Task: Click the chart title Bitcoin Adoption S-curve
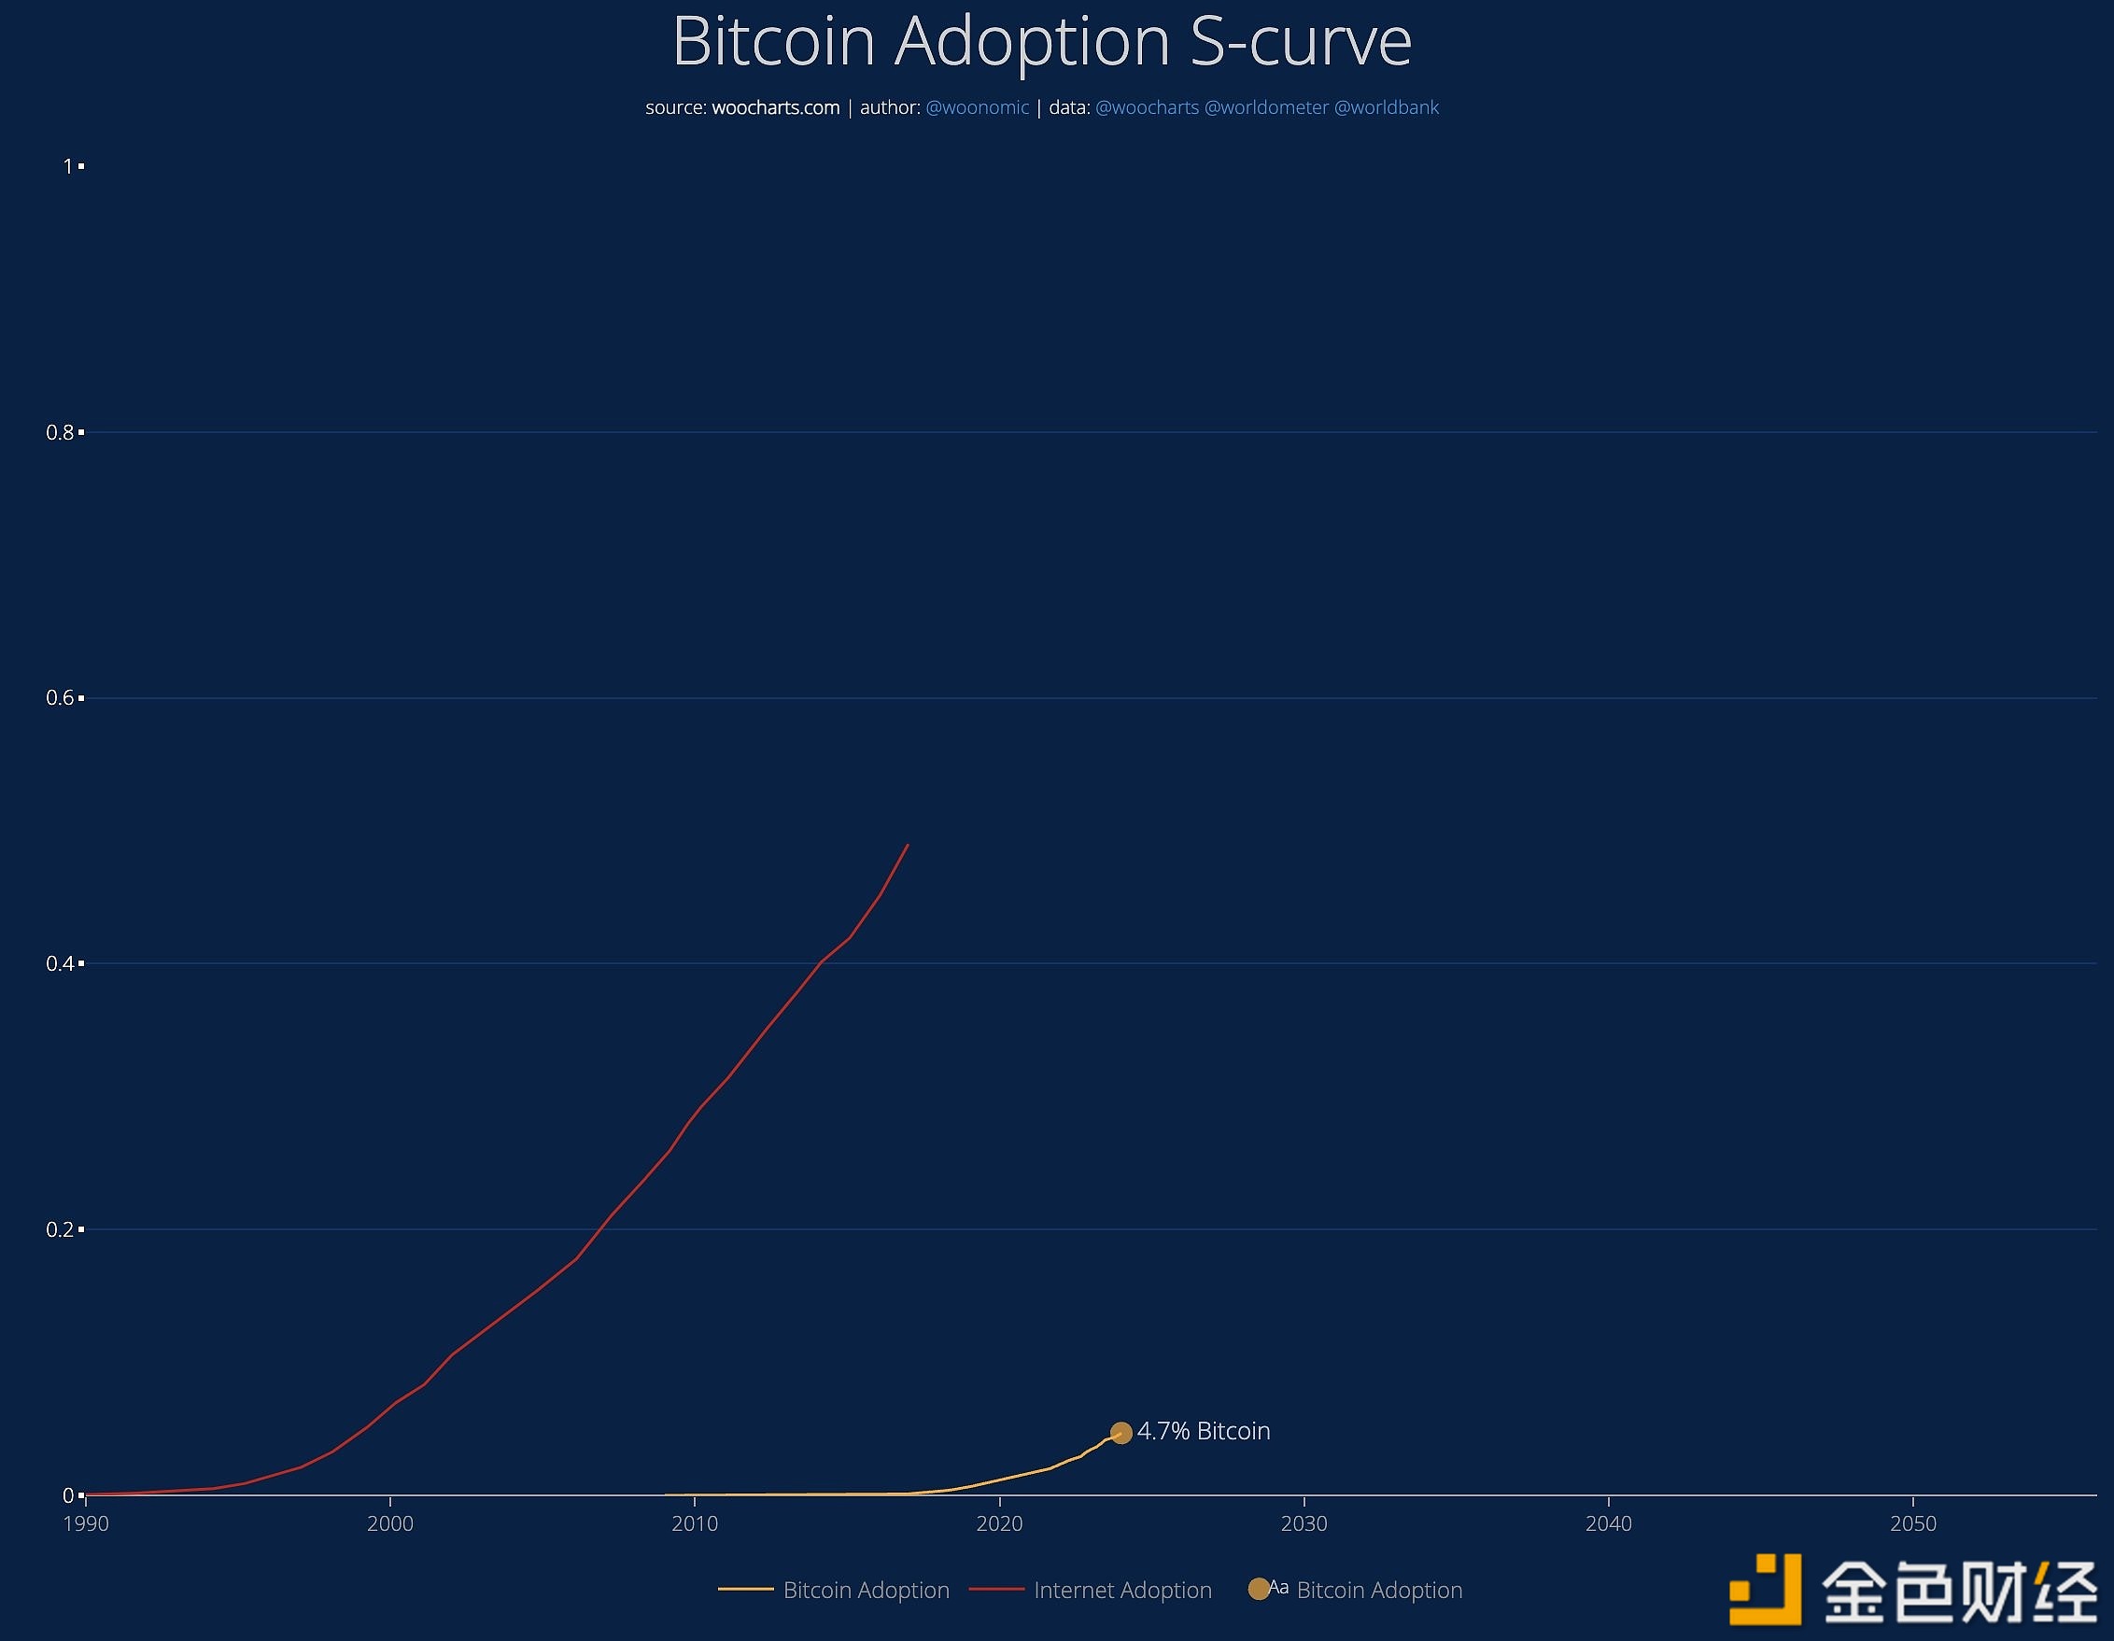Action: [1041, 42]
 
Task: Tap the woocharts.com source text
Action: [775, 107]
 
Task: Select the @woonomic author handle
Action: [977, 107]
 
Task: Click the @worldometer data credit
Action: [1265, 107]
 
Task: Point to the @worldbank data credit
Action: [1386, 107]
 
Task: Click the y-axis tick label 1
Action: [68, 166]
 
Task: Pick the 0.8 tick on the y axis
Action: [60, 432]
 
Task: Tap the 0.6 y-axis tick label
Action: [60, 697]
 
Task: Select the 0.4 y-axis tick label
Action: [60, 963]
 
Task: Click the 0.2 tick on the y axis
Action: [60, 1228]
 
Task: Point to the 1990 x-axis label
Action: [86, 1524]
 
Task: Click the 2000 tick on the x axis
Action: [390, 1524]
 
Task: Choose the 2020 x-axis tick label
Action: [1000, 1524]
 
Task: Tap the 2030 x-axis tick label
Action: [1304, 1524]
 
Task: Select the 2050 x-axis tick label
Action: [1913, 1524]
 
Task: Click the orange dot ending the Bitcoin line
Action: [1120, 1433]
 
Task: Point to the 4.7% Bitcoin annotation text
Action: [1204, 1431]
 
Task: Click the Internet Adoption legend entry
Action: [1121, 1590]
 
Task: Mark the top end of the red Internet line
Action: [908, 845]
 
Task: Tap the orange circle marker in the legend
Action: [1259, 1589]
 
